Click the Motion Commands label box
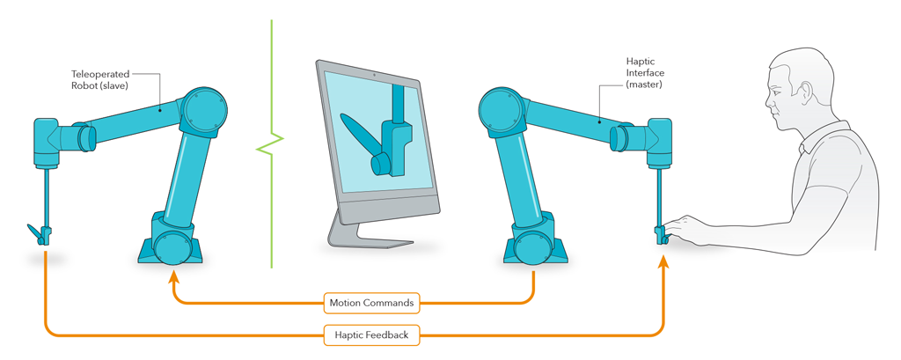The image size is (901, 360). [x=371, y=303]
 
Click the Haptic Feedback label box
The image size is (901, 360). [x=370, y=334]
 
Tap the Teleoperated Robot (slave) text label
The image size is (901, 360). [x=101, y=81]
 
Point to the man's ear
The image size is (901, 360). [x=802, y=91]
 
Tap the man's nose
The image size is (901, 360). [x=768, y=102]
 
